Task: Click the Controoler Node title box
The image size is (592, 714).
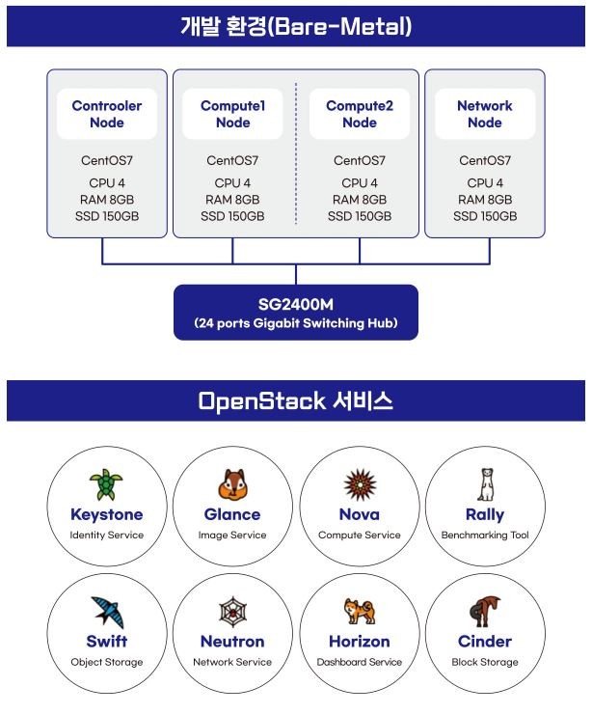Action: click(107, 114)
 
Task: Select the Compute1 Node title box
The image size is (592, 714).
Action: click(232, 114)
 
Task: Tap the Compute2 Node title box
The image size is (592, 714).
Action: click(360, 114)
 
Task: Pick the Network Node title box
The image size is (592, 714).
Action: click(485, 114)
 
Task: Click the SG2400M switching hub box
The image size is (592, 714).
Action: click(296, 313)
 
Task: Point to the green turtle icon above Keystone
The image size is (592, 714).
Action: click(106, 484)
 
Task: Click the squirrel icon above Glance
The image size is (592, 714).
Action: click(232, 484)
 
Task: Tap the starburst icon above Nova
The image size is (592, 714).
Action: click(360, 484)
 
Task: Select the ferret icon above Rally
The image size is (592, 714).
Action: click(486, 484)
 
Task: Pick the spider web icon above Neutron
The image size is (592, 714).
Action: click(232, 612)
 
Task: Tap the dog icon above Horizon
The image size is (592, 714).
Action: click(360, 611)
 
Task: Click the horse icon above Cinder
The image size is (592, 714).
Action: click(485, 612)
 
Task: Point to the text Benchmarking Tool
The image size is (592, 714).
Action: click(485, 535)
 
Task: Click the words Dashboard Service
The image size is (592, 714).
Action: click(360, 662)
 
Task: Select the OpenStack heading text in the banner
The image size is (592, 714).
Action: click(261, 401)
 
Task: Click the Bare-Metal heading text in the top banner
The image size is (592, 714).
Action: click(340, 26)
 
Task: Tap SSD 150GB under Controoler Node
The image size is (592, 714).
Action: click(107, 216)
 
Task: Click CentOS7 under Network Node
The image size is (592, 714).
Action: click(485, 160)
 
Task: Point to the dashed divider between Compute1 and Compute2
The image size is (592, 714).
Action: click(296, 153)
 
